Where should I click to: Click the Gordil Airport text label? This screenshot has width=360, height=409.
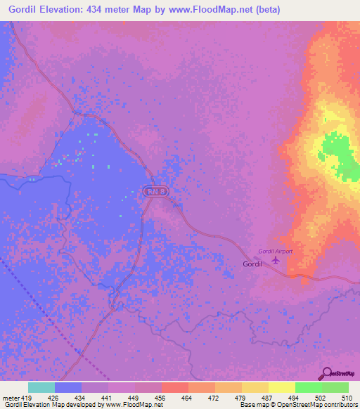coord(275,251)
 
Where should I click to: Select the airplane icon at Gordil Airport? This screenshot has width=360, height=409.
coord(275,260)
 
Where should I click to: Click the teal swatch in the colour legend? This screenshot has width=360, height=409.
coord(41,387)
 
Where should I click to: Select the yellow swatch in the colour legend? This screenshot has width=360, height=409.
coord(281,387)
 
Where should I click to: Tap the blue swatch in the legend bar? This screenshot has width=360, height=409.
coord(67,387)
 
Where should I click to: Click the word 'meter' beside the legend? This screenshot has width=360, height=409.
coord(11,398)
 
